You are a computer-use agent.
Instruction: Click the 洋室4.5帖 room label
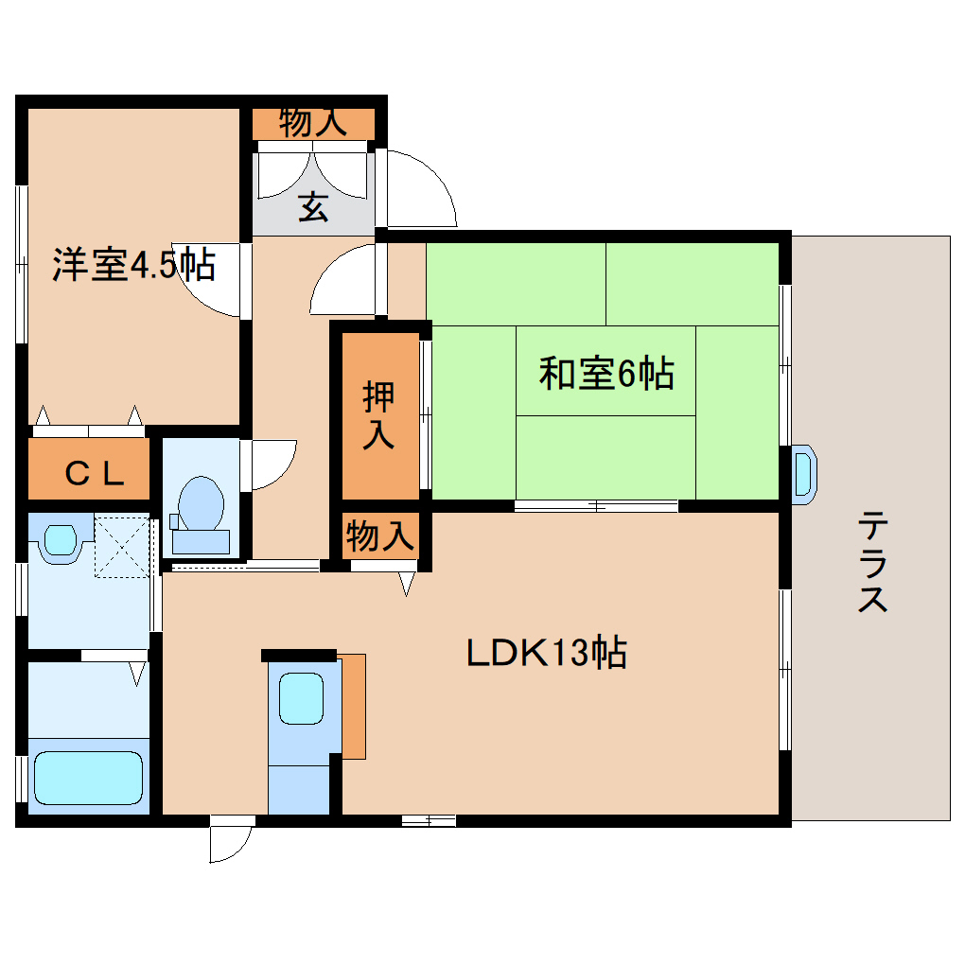[x=132, y=266]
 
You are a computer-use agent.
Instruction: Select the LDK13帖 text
[x=546, y=653]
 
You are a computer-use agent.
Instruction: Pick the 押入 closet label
[x=378, y=415]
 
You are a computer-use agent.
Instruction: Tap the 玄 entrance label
[x=313, y=207]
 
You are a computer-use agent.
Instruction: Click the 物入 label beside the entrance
[x=313, y=123]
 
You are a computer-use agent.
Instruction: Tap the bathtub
[x=88, y=777]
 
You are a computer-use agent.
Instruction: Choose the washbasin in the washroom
[x=60, y=540]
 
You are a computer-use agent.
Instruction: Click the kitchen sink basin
[x=301, y=697]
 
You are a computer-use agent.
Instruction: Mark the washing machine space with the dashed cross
[x=124, y=546]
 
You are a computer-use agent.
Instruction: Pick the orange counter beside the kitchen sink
[x=353, y=705]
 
